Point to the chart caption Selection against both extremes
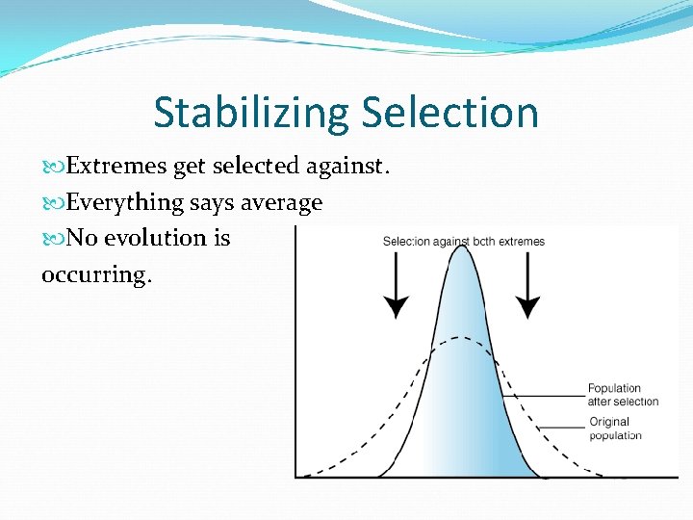click(x=463, y=241)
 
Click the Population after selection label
click(x=623, y=395)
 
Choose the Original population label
click(x=614, y=429)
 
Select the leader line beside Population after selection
click(x=544, y=394)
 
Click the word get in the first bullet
click(x=189, y=167)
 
